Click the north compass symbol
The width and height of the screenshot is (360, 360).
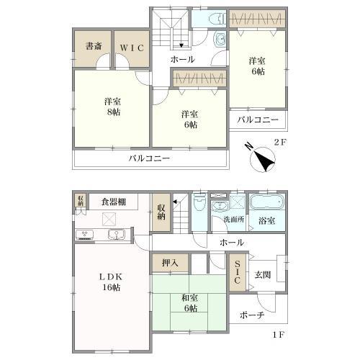pos(262,159)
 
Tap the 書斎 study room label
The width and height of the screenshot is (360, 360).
pos(94,46)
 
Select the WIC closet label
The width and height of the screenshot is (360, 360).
pos(132,48)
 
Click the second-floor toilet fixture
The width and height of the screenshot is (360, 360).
pos(217,19)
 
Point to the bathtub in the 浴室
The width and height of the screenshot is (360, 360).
pos(267,202)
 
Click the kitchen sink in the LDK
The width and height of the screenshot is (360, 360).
pos(116,234)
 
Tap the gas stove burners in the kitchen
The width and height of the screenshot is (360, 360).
pos(85,235)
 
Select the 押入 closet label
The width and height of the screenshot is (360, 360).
pos(170,263)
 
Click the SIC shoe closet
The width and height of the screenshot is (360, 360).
pos(237,272)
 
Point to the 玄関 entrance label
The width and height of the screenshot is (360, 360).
pos(263,275)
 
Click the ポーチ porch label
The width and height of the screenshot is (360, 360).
pos(252,315)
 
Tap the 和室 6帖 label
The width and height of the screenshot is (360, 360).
pos(190,303)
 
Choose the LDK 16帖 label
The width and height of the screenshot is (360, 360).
pos(111,282)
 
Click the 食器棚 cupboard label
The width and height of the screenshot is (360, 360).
pos(114,202)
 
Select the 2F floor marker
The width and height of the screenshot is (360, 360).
pos(280,143)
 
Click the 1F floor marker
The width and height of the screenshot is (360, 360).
pos(279,335)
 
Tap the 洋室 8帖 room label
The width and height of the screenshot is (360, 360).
pos(112,107)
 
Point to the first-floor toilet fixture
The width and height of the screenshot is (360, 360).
pos(199,202)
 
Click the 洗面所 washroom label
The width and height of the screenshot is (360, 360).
pos(234,219)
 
